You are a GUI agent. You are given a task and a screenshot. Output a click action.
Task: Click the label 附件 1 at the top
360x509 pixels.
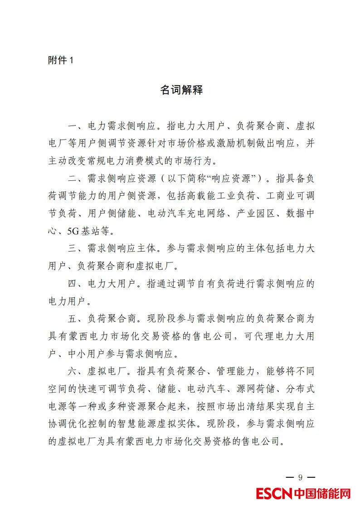pos(60,60)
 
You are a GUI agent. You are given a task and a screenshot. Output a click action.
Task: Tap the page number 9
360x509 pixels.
pos(300,477)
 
